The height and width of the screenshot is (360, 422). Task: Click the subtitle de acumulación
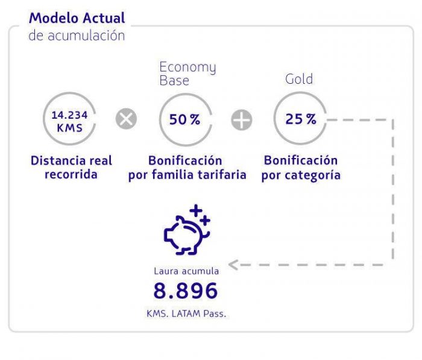[77, 36]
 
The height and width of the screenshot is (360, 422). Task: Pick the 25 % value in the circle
[301, 119]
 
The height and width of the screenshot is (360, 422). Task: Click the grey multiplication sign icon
[126, 119]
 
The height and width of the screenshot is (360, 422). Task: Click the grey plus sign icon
[241, 120]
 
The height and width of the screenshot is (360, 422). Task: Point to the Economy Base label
[187, 74]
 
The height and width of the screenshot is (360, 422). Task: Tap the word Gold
[299, 80]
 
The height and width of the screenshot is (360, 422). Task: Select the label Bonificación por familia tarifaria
[187, 168]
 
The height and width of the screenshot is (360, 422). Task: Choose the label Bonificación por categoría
[301, 168]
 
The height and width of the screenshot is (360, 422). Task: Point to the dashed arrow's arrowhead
[233, 264]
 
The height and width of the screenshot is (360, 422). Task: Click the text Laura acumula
[186, 271]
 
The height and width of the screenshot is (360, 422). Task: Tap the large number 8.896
[186, 292]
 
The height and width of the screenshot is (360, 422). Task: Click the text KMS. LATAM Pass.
[186, 314]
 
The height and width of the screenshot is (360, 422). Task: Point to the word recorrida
[71, 175]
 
